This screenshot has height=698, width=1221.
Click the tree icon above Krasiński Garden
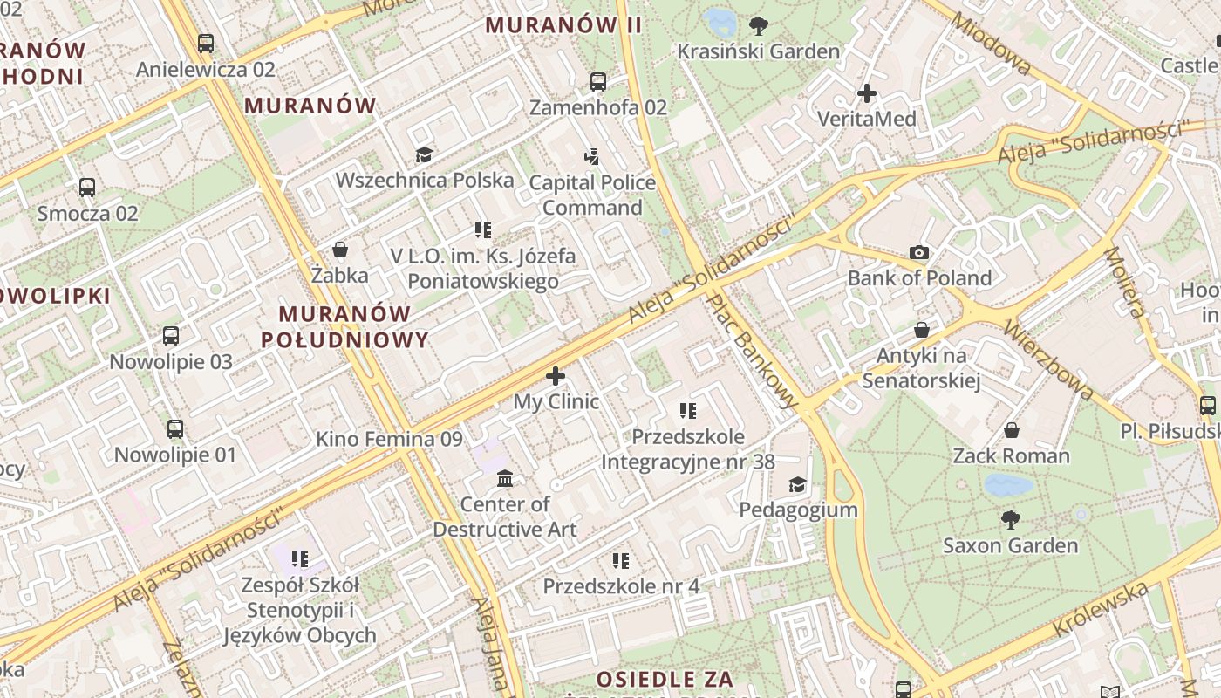[x=759, y=25]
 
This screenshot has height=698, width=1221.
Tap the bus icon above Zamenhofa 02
[x=597, y=82]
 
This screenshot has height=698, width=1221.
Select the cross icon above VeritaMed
[x=867, y=92]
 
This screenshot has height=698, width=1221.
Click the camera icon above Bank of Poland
[x=919, y=253]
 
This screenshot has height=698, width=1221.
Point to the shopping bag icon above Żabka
[x=340, y=250]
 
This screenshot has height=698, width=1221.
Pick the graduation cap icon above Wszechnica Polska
[x=424, y=155]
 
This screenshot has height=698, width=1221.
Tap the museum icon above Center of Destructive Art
[x=505, y=478]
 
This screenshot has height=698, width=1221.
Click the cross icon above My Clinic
[x=556, y=376]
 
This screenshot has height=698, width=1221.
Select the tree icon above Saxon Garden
[x=1011, y=520]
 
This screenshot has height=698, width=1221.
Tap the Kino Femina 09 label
[x=389, y=439]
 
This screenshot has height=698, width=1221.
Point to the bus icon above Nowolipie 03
[x=171, y=336]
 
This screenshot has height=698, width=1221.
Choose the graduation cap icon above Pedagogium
[x=797, y=484]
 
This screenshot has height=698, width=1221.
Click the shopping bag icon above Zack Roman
[x=1012, y=430]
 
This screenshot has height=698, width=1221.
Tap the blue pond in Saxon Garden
[x=1008, y=485]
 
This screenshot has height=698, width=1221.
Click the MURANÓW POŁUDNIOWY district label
[x=345, y=326]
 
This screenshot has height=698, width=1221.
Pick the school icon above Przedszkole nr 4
[x=621, y=560]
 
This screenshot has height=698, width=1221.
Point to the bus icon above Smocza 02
[x=87, y=187]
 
